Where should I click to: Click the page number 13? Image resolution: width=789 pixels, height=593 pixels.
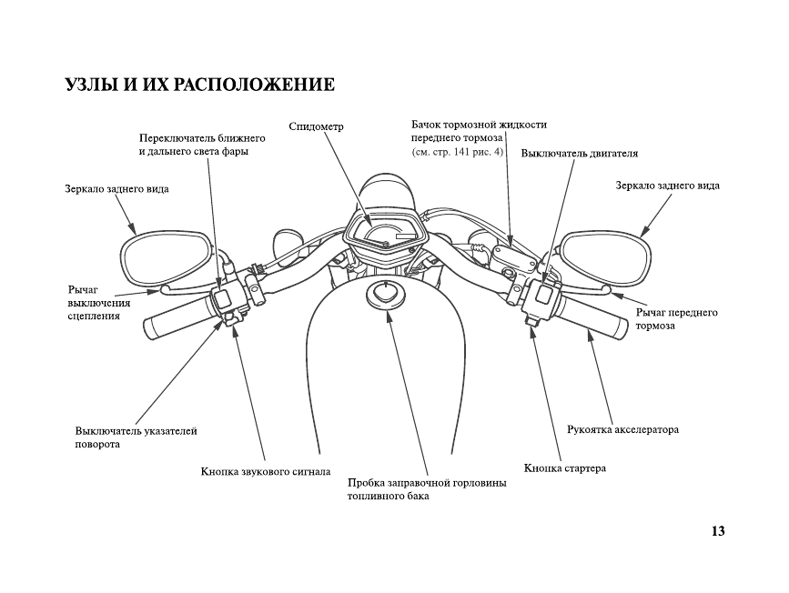point(717,531)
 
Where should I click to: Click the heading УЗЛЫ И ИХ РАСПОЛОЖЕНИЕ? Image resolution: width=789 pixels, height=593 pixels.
point(200,85)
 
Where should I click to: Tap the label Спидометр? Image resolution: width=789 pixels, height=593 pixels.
point(315,126)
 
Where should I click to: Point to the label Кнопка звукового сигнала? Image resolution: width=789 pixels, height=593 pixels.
point(265,472)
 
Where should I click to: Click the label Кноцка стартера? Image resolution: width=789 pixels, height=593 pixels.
point(565,468)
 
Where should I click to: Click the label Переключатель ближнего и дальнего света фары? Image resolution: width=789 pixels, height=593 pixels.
point(201,145)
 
